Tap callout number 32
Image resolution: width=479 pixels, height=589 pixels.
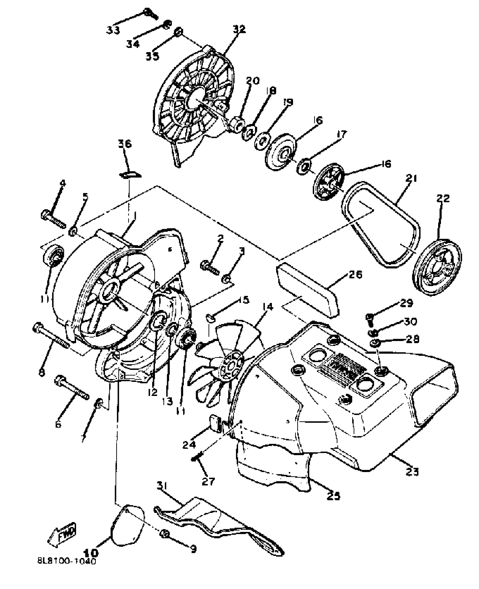click(239, 29)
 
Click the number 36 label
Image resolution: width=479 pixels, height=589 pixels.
click(125, 144)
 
